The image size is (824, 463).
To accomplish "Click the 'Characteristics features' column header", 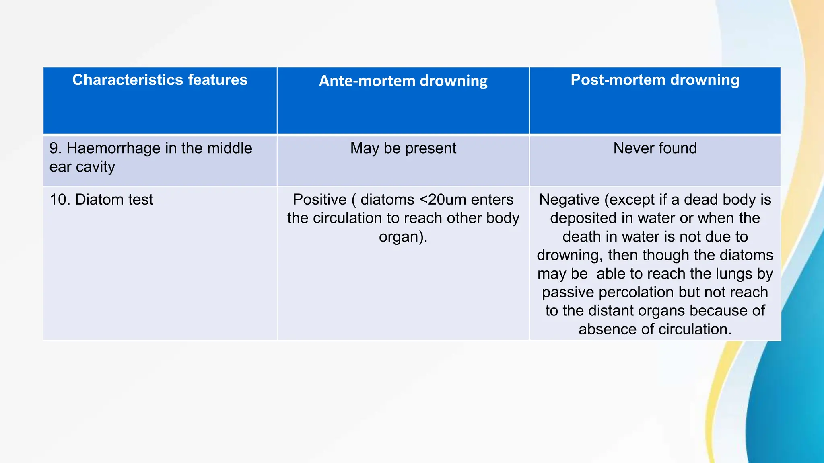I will tap(160, 80).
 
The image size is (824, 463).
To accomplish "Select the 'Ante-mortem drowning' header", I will tap(403, 81).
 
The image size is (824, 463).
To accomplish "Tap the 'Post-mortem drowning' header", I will tap(655, 80).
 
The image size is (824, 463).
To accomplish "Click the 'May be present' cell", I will tap(403, 148).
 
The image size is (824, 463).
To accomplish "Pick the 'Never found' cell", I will tap(655, 148).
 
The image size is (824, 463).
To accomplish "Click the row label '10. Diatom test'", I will tap(101, 200).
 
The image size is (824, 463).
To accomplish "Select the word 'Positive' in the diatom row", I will tap(319, 200).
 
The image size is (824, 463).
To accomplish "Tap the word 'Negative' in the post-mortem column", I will tap(569, 200).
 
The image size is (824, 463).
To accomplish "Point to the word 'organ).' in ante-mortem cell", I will tap(403, 237).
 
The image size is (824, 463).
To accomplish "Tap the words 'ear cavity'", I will tap(82, 167).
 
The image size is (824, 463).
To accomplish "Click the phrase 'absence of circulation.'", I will tap(655, 329).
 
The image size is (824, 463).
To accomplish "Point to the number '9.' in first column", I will tap(56, 148).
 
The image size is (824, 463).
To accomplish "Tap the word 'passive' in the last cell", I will tap(568, 292).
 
